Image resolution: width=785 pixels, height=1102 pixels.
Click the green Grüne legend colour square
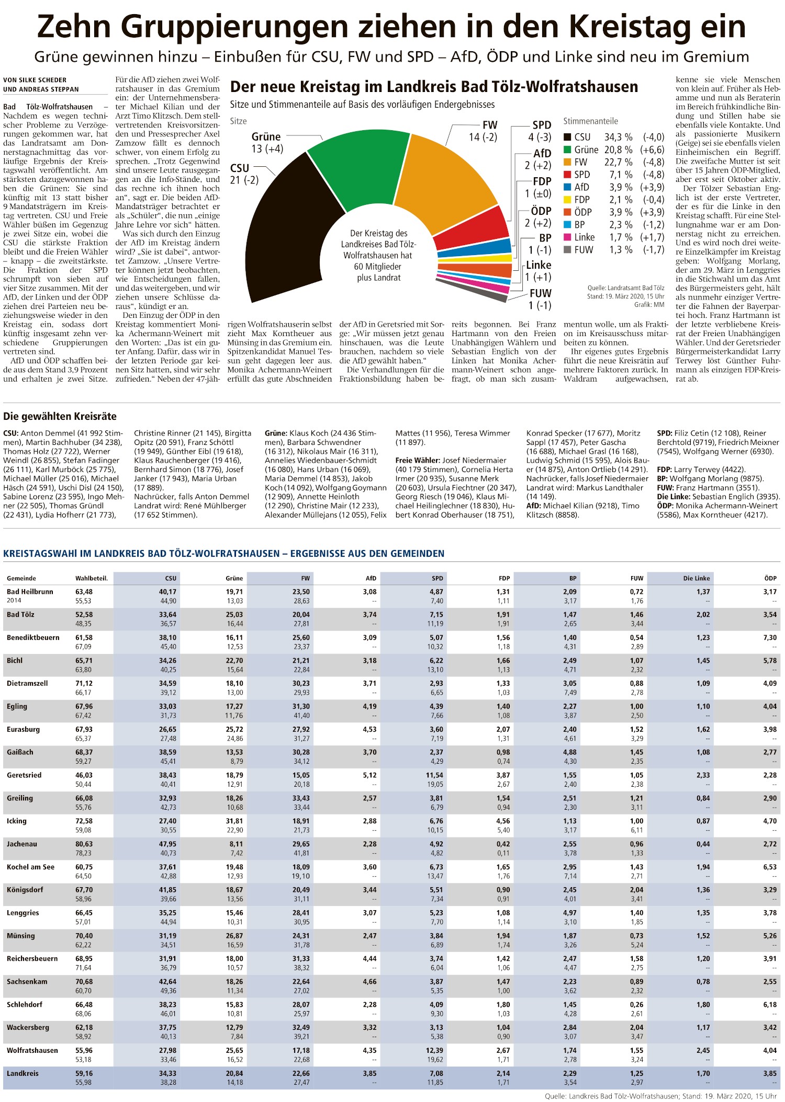(567, 150)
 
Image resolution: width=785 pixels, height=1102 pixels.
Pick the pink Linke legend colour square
(567, 237)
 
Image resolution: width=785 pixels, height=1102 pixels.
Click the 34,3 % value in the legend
(618, 137)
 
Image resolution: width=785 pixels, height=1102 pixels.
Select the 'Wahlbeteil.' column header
(91, 578)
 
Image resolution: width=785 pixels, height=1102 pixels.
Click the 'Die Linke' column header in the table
(696, 578)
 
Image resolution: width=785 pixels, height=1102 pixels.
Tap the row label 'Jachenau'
(22, 844)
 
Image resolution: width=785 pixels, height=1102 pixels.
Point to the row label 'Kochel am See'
(30, 867)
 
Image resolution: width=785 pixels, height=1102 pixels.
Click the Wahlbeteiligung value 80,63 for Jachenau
(84, 844)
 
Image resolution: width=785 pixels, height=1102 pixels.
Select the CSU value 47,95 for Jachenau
(167, 844)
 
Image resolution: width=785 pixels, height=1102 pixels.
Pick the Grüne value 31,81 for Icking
(234, 821)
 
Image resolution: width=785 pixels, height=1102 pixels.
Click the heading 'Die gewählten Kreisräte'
(60, 417)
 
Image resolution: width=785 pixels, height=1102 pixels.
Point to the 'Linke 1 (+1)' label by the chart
(539, 271)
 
